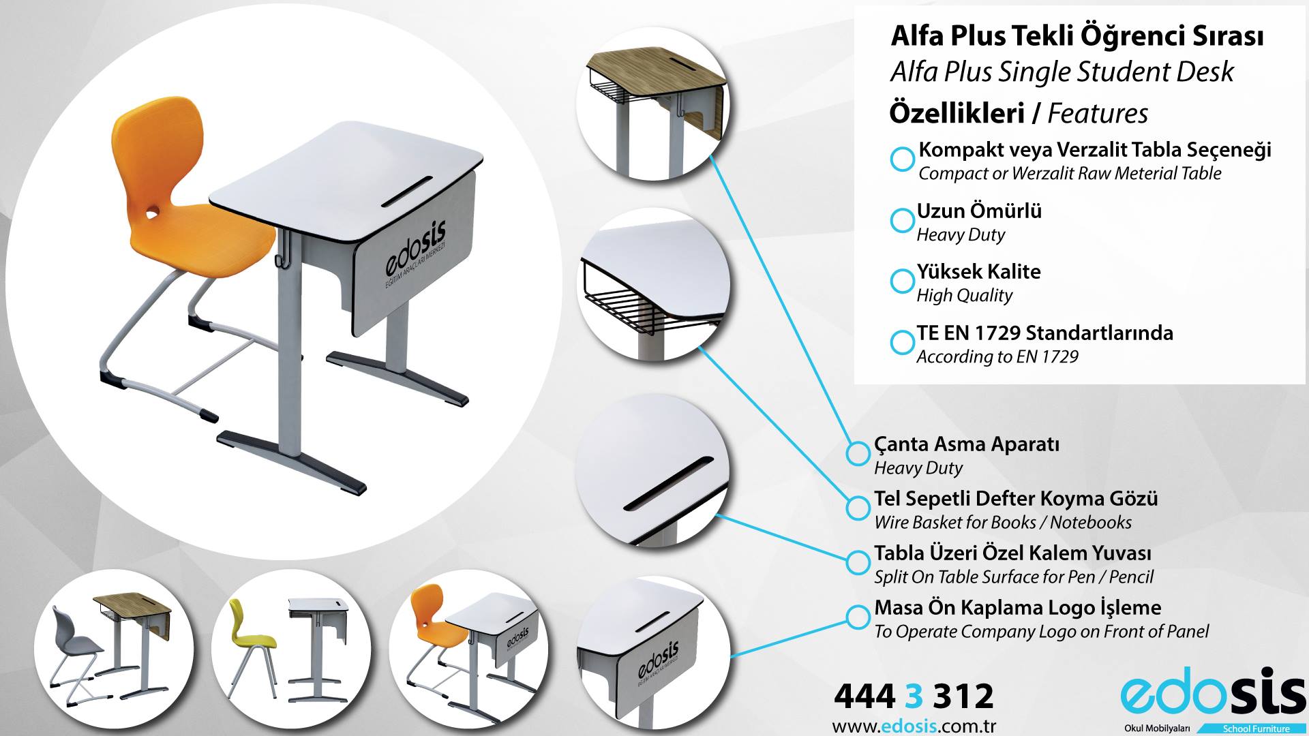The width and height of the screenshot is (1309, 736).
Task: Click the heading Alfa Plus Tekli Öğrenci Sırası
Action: point(1077,37)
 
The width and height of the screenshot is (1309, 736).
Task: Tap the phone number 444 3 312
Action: point(914,696)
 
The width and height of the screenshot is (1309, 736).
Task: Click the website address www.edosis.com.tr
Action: point(914,726)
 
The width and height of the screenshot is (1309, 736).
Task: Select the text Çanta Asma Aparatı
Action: point(967,444)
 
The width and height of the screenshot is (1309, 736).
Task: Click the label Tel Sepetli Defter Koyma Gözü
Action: point(1016,499)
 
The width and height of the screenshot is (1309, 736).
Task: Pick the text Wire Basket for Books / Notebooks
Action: point(1003,523)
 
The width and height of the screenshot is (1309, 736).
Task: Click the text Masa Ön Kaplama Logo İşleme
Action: point(1018,608)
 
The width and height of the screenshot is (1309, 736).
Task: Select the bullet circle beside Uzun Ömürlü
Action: point(902,220)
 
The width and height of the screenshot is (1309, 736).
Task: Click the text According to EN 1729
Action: point(997,356)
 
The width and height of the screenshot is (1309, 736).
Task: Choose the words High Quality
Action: point(964,296)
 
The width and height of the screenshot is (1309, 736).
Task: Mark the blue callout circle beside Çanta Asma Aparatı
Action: point(858,453)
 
